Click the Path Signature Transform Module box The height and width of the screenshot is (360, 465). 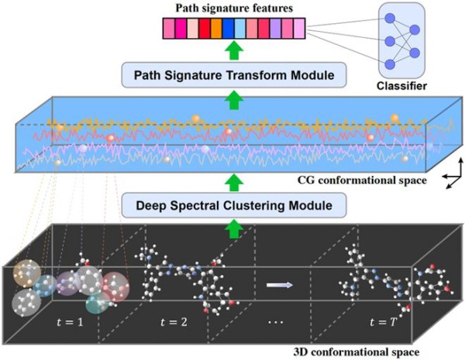234,75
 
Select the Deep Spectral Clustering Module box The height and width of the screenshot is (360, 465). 234,205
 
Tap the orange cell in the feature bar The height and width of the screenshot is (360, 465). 216,29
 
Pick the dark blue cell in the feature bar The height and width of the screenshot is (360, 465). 229,29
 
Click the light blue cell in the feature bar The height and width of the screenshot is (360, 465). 240,29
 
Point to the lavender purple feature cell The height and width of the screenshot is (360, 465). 276,29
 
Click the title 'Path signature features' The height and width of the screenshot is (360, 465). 234,9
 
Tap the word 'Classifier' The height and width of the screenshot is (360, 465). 401,86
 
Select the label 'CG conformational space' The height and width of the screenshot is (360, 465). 362,180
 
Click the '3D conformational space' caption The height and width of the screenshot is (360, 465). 356,352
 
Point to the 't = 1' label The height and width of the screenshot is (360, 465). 70,322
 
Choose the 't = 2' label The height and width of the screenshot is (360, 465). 174,322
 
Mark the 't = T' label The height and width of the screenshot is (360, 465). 384,322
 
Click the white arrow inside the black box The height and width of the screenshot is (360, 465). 280,285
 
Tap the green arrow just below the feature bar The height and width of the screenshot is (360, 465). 234,50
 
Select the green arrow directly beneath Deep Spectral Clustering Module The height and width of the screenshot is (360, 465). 234,228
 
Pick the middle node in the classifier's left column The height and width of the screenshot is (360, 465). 390,41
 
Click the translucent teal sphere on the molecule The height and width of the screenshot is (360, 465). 98,302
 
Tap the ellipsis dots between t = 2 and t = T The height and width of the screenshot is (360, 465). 275,322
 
